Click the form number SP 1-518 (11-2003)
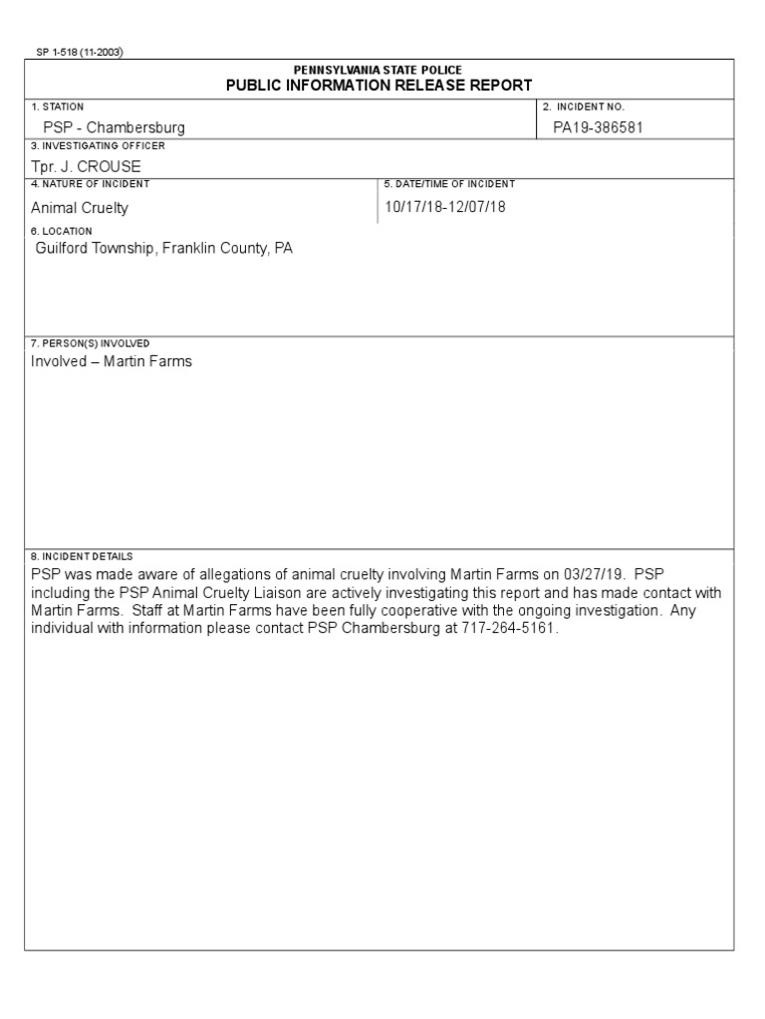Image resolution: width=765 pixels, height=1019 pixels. (x=80, y=53)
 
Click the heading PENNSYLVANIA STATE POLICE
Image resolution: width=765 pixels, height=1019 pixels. (x=378, y=70)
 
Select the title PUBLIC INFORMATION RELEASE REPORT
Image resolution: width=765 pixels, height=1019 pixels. (x=379, y=86)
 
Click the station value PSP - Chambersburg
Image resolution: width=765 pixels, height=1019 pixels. (x=114, y=127)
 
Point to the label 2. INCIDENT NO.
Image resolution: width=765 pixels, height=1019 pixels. (x=584, y=106)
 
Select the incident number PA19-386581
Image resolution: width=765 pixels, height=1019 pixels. (x=598, y=127)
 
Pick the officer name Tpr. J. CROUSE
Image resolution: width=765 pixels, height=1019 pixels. (x=86, y=166)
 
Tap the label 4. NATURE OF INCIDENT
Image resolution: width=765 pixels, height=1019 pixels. (x=91, y=184)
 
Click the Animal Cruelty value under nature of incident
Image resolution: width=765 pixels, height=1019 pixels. (x=80, y=208)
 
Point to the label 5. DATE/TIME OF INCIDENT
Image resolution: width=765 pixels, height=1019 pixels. (x=449, y=184)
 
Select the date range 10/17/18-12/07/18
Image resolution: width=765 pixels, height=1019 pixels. (x=444, y=207)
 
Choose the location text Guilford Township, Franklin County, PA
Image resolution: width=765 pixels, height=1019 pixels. (x=164, y=248)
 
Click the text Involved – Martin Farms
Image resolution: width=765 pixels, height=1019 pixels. (x=112, y=361)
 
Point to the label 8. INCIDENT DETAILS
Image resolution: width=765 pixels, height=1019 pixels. (x=82, y=556)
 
